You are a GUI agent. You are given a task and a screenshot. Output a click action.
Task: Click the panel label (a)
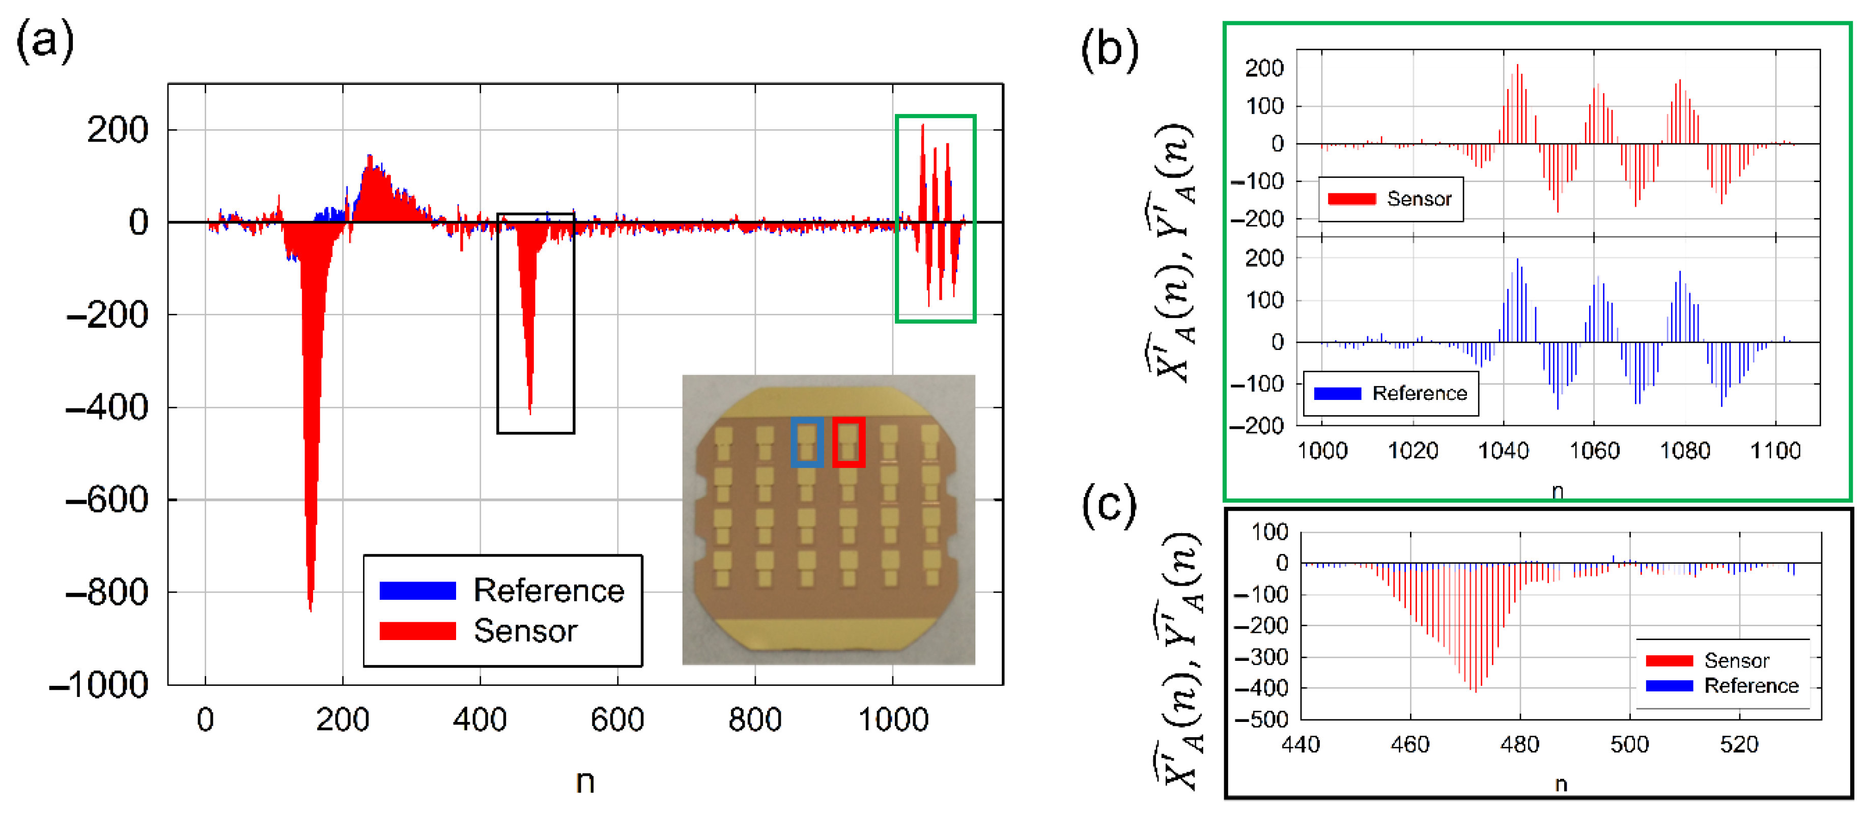pos(45,41)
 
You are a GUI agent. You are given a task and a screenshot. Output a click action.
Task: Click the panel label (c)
pos(1109,506)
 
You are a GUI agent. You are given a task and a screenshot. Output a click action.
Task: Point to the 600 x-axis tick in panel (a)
pos(617,720)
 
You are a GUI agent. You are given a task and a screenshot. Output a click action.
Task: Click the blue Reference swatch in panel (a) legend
pos(417,591)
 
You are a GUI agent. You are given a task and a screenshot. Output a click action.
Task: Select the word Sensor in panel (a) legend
pos(525,631)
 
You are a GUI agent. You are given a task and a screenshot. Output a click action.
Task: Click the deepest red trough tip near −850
pos(310,609)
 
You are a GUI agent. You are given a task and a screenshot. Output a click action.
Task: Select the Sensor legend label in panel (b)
pos(1419,199)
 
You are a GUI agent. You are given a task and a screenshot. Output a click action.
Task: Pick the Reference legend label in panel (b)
pos(1420,393)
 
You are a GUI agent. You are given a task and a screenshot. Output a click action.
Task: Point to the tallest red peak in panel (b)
pos(1517,66)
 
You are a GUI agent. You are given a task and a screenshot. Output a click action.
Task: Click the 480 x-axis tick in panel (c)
pos(1519,744)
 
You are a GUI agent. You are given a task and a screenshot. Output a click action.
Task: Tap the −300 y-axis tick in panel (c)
pos(1260,657)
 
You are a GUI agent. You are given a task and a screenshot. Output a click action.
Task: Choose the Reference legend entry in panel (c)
pos(1751,686)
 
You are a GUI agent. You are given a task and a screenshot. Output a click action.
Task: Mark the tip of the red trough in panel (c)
pos(1476,691)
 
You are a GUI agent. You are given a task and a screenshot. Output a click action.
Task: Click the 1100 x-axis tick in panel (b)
pos(1774,451)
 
